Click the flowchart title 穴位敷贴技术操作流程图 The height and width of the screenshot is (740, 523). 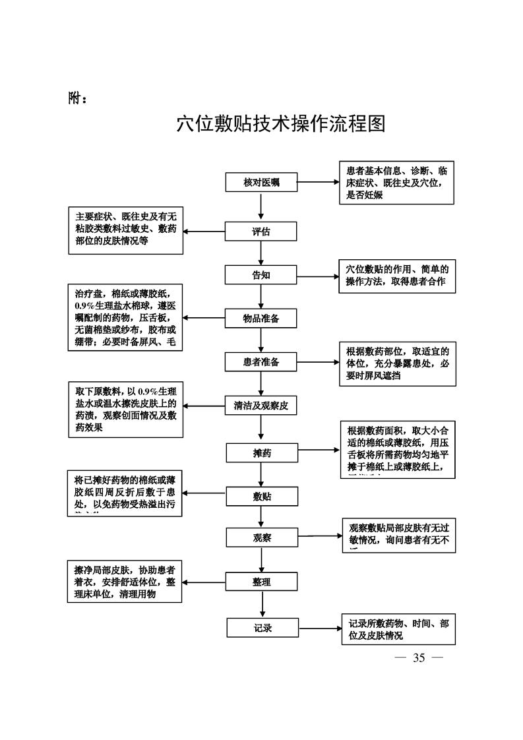point(281,124)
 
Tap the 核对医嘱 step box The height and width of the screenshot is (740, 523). point(261,182)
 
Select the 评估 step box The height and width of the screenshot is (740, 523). point(261,231)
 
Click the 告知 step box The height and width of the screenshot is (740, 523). point(261,275)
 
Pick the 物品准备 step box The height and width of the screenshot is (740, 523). point(261,319)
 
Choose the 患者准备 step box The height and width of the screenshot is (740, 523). point(261,362)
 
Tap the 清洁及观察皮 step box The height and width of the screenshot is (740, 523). point(261,406)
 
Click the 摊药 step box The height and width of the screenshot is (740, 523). point(262,453)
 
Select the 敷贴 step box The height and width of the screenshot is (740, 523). point(262,496)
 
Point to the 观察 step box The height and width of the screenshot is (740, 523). point(262,538)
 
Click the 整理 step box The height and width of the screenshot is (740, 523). point(262,582)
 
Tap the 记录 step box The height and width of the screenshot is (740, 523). point(262,628)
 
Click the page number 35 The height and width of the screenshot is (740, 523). point(419,658)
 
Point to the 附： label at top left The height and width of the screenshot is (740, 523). point(78,98)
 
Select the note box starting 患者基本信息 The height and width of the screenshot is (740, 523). point(396,183)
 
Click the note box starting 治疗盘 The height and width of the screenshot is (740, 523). point(125,317)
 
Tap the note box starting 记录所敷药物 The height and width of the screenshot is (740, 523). point(398,629)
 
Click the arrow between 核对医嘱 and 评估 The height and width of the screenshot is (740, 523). point(262,206)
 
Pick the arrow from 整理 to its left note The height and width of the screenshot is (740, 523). point(204,582)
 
